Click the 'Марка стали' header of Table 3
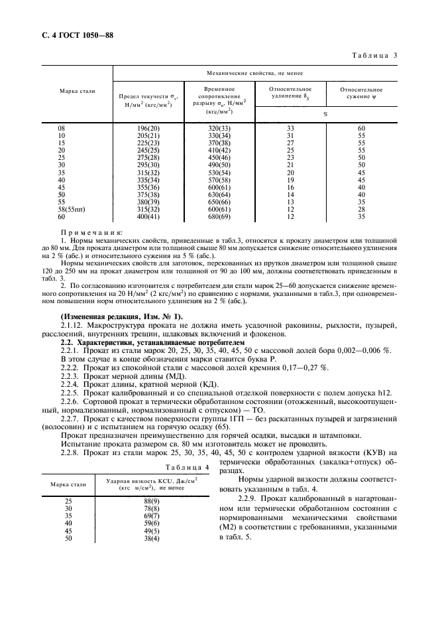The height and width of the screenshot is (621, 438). tap(77, 91)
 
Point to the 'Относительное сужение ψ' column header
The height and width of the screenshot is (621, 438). tap(361, 92)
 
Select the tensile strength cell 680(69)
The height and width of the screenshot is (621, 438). tap(218, 216)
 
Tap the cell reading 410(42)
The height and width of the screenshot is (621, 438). tap(218, 150)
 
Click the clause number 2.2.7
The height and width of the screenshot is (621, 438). tap(72, 419)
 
